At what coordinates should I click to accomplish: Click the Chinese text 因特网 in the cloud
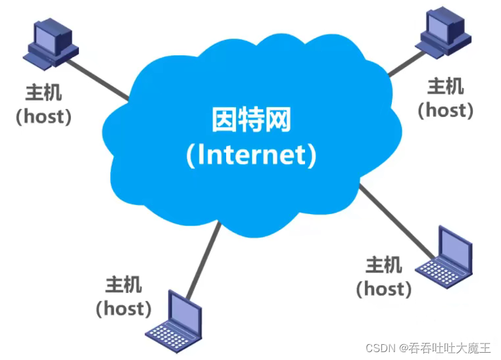click(251, 121)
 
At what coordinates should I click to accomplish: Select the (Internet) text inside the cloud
click(251, 154)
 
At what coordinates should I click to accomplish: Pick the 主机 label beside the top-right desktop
click(445, 86)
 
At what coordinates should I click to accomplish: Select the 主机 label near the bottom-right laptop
click(383, 265)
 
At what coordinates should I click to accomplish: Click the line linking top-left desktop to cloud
click(99, 80)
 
